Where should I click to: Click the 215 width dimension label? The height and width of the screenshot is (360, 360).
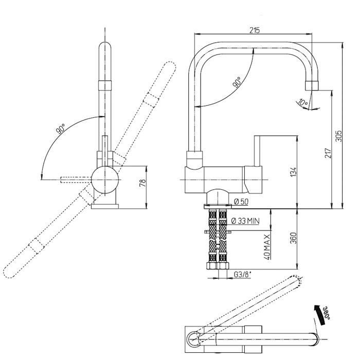coord(255,30)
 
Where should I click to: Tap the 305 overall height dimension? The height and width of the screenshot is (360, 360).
coord(338,136)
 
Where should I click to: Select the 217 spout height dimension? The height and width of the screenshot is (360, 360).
coord(328,153)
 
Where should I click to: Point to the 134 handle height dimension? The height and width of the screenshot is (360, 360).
coord(293,172)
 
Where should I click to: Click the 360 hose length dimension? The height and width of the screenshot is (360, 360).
coord(293,238)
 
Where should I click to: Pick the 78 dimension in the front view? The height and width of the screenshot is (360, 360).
coord(142,183)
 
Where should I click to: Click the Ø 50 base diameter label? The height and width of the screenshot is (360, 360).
coord(241,202)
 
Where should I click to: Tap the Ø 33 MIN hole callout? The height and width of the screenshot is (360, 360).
coord(245,221)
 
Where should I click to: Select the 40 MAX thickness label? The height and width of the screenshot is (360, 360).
coord(267,247)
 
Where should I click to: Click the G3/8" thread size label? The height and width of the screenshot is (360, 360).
coord(243,274)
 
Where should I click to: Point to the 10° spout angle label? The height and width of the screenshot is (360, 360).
coord(302,103)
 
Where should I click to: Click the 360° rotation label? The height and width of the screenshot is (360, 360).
coord(327,313)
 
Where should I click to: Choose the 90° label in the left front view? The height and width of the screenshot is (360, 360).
coord(60,129)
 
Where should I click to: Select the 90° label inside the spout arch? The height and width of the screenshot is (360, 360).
coord(237,82)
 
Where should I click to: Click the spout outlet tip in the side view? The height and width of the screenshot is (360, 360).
coord(312,86)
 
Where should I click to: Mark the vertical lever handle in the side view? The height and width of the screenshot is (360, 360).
coord(257,151)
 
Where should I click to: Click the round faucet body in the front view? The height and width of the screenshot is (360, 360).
coord(105,179)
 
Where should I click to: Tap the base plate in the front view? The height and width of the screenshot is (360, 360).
coord(105,206)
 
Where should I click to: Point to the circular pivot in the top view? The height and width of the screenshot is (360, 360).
coord(195,339)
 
